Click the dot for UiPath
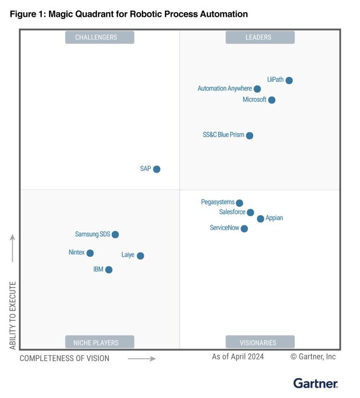[x=289, y=80]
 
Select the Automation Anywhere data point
[x=257, y=89]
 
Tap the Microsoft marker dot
[x=272, y=100]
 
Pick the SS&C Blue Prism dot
[x=250, y=135]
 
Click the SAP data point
[x=157, y=169]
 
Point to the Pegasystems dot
[x=240, y=203]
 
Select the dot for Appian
[x=261, y=218]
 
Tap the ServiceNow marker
[x=244, y=229]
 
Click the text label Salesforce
[x=232, y=212]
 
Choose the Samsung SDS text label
[x=92, y=234]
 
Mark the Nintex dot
[x=90, y=253]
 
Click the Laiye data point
[x=140, y=255]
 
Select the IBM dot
[x=109, y=270]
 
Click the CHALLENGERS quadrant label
[x=99, y=38]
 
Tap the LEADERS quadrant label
[x=260, y=38]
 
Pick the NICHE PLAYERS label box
[x=99, y=342]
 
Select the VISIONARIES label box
[x=260, y=342]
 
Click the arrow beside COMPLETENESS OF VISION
[x=142, y=359]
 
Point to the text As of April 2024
[x=238, y=357]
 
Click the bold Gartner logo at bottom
[x=315, y=383]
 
